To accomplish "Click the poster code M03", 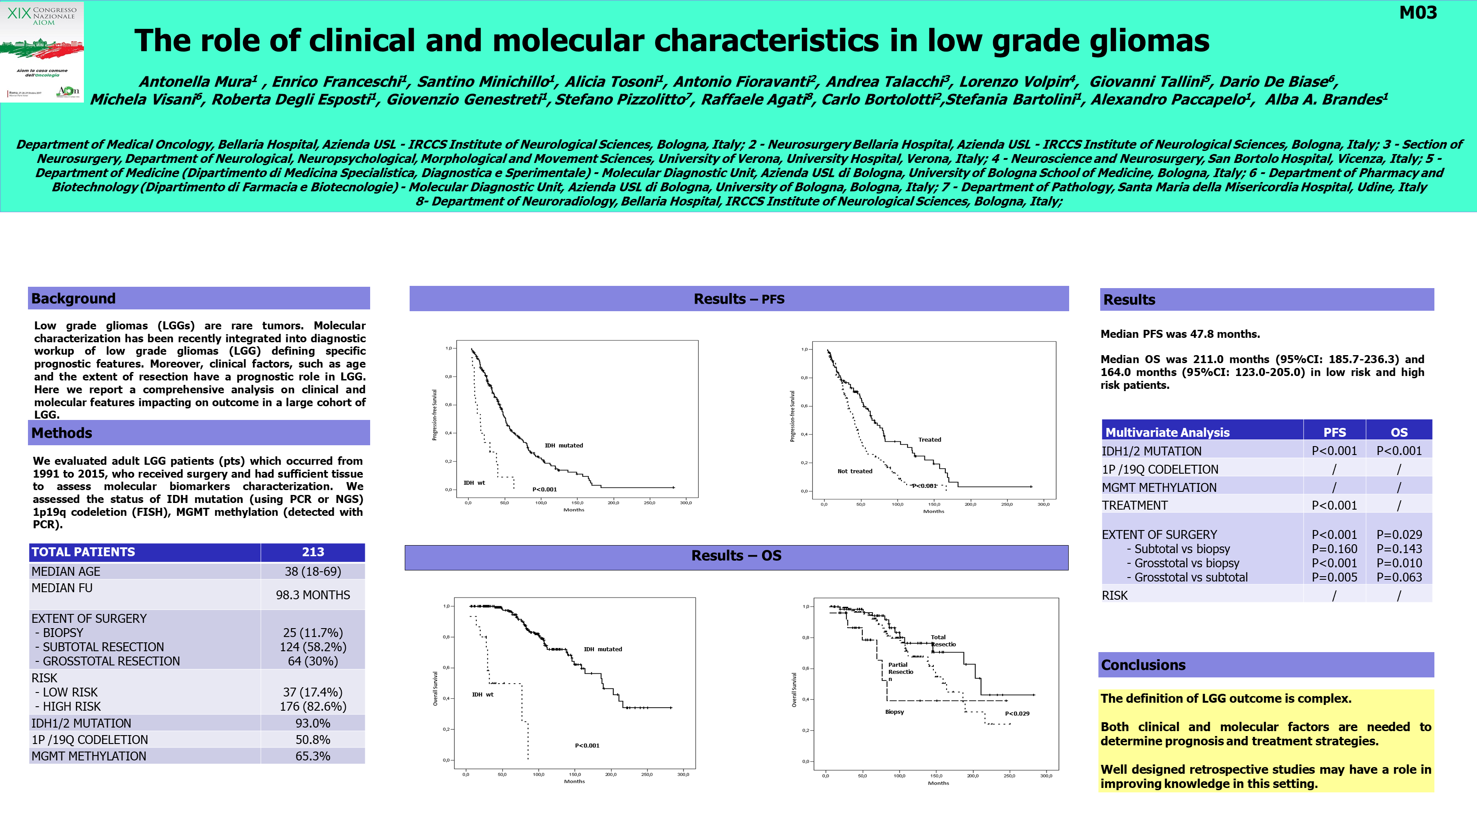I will [x=1418, y=12].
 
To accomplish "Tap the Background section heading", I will [x=73, y=298].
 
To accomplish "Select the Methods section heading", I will [x=62, y=433].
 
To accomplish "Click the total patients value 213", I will [x=312, y=552].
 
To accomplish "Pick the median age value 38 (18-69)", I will [x=312, y=571].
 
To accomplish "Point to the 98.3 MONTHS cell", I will [x=312, y=595].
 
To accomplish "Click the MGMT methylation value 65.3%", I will [x=312, y=756].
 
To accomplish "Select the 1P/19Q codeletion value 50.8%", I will [x=312, y=740].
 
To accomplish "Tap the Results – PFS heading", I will [x=738, y=299].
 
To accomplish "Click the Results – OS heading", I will [x=736, y=556].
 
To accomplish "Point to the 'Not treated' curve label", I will [x=854, y=471].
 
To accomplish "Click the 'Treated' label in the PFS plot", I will [x=929, y=440].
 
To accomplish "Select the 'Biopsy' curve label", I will [x=894, y=712].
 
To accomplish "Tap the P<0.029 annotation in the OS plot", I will [x=1017, y=713].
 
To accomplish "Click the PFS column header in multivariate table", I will [x=1334, y=432].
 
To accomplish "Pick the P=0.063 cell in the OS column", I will [x=1399, y=578].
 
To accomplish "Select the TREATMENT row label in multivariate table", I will [x=1135, y=505].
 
